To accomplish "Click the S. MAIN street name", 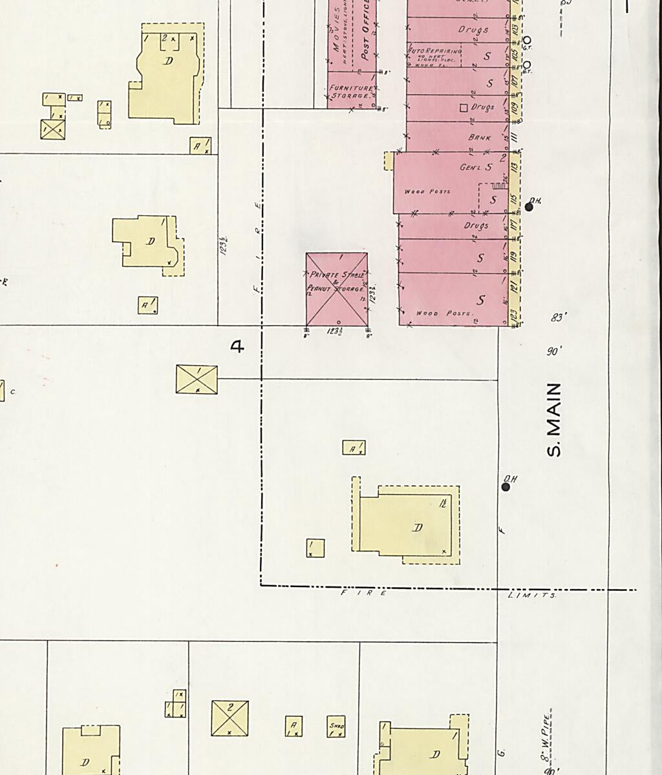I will pos(554,420).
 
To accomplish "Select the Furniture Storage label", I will pos(350,92).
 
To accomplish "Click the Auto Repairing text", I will pos(434,50).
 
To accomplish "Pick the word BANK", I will pos(480,138).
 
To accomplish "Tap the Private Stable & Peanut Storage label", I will pos(336,282).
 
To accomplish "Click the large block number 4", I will pos(238,347).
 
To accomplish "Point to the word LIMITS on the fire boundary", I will pos(531,595).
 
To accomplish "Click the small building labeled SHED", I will pos(336,727).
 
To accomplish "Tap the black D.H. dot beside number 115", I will pos(529,207).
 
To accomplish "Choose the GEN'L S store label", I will pos(476,167).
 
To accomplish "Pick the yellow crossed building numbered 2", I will pos(230,718).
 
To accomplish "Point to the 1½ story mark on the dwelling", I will pos(443,502).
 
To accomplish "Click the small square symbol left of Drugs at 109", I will pos(463,108).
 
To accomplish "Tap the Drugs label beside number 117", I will pos(476,226).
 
